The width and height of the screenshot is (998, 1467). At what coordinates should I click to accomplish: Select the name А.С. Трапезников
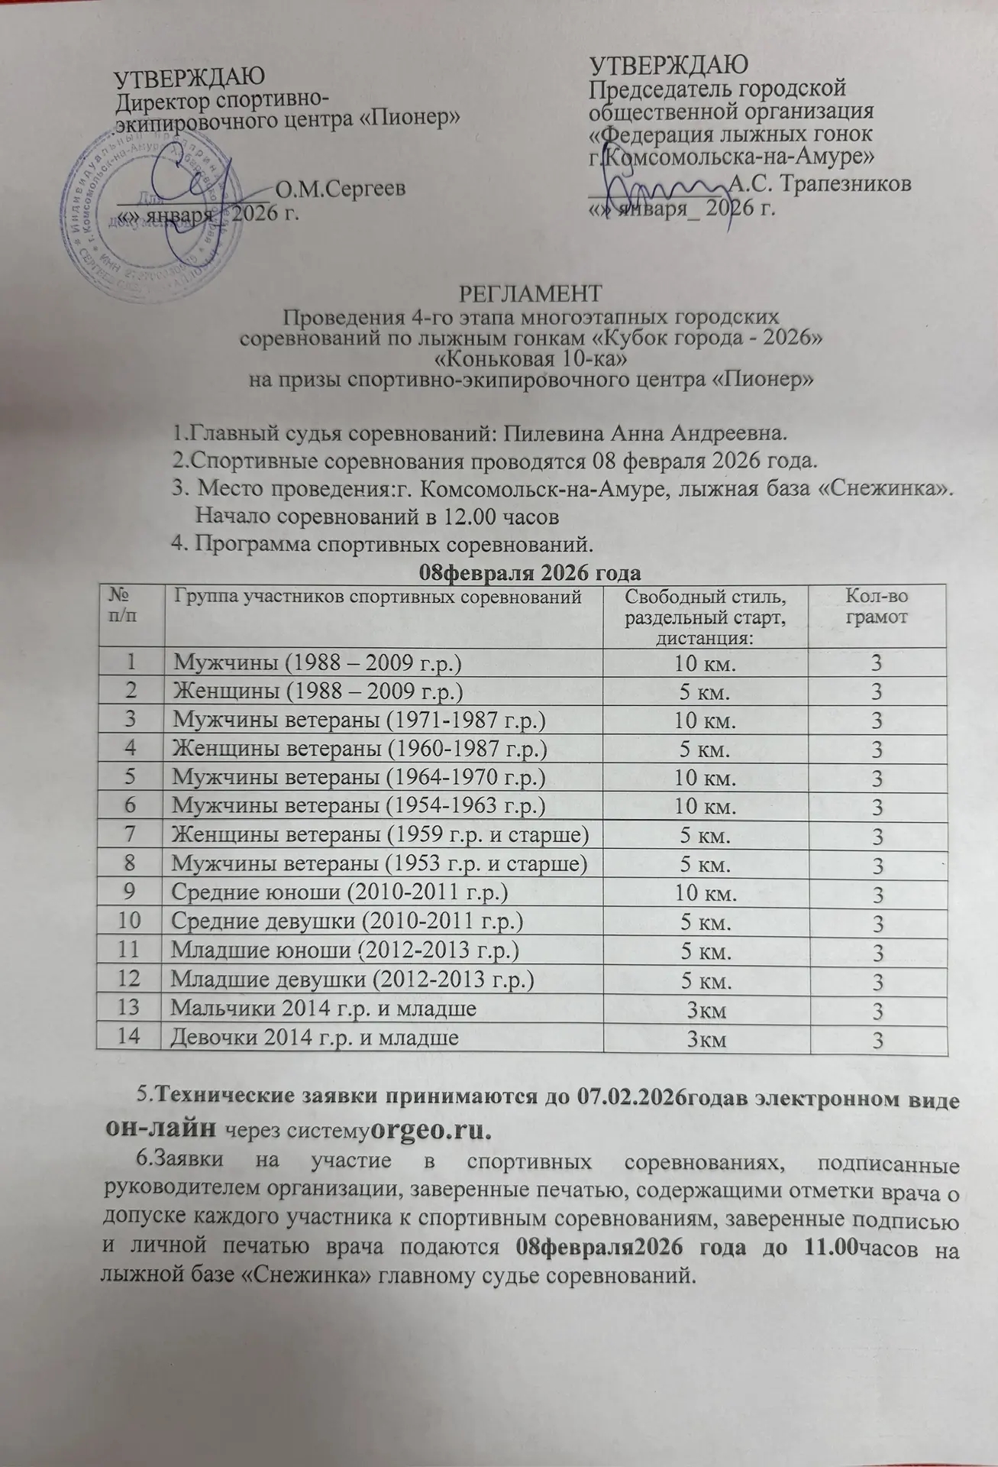tap(819, 184)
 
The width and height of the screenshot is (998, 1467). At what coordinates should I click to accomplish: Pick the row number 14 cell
tap(129, 1037)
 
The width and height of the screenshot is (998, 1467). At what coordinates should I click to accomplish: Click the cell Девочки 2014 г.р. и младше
tap(315, 1037)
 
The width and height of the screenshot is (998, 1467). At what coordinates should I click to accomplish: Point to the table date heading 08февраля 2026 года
tap(530, 572)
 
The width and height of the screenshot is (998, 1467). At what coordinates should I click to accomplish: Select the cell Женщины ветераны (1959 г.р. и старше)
tap(381, 835)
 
